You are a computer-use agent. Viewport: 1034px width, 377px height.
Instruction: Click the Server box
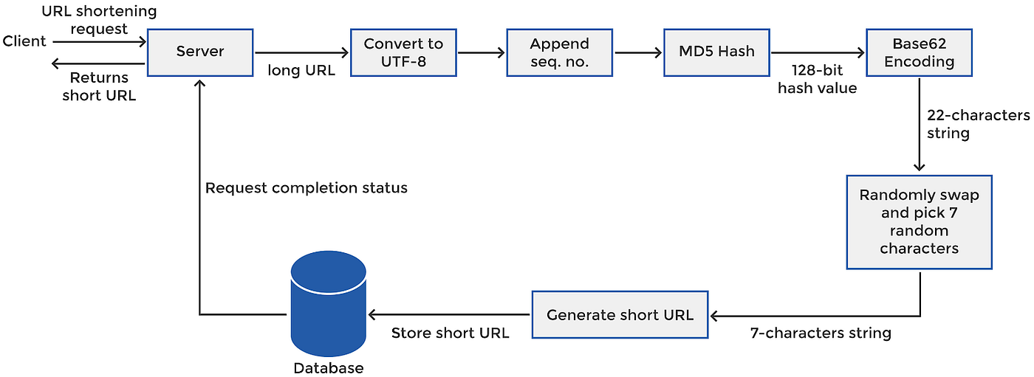coord(199,52)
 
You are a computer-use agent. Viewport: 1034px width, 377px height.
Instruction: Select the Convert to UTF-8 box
coord(403,52)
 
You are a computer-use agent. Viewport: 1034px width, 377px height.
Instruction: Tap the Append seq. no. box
coord(559,52)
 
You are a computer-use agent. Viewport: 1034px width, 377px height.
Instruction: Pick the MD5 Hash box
coord(716,52)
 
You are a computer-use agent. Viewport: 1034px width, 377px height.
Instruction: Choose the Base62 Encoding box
coord(919,52)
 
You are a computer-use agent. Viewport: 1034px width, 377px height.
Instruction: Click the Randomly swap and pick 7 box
coord(919,221)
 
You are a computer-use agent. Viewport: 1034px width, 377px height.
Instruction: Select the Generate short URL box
coord(620,315)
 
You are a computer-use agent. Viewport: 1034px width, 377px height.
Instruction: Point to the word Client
coord(24,41)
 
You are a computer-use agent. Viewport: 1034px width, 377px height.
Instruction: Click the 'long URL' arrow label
coord(301,71)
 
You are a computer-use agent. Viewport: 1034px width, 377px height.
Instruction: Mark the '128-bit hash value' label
coord(817,80)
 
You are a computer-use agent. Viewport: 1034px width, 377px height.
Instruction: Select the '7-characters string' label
coord(821,333)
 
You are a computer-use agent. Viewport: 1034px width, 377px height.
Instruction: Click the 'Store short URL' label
coord(450,333)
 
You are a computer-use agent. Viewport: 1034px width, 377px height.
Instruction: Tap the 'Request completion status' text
coord(306,188)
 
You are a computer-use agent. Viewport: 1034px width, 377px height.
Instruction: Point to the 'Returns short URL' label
coord(99,86)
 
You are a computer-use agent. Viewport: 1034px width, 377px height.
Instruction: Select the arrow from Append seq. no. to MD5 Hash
coord(638,52)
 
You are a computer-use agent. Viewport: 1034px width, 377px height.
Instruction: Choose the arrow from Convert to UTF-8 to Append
coord(481,52)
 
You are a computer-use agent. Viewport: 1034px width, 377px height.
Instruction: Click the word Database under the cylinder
coord(328,368)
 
